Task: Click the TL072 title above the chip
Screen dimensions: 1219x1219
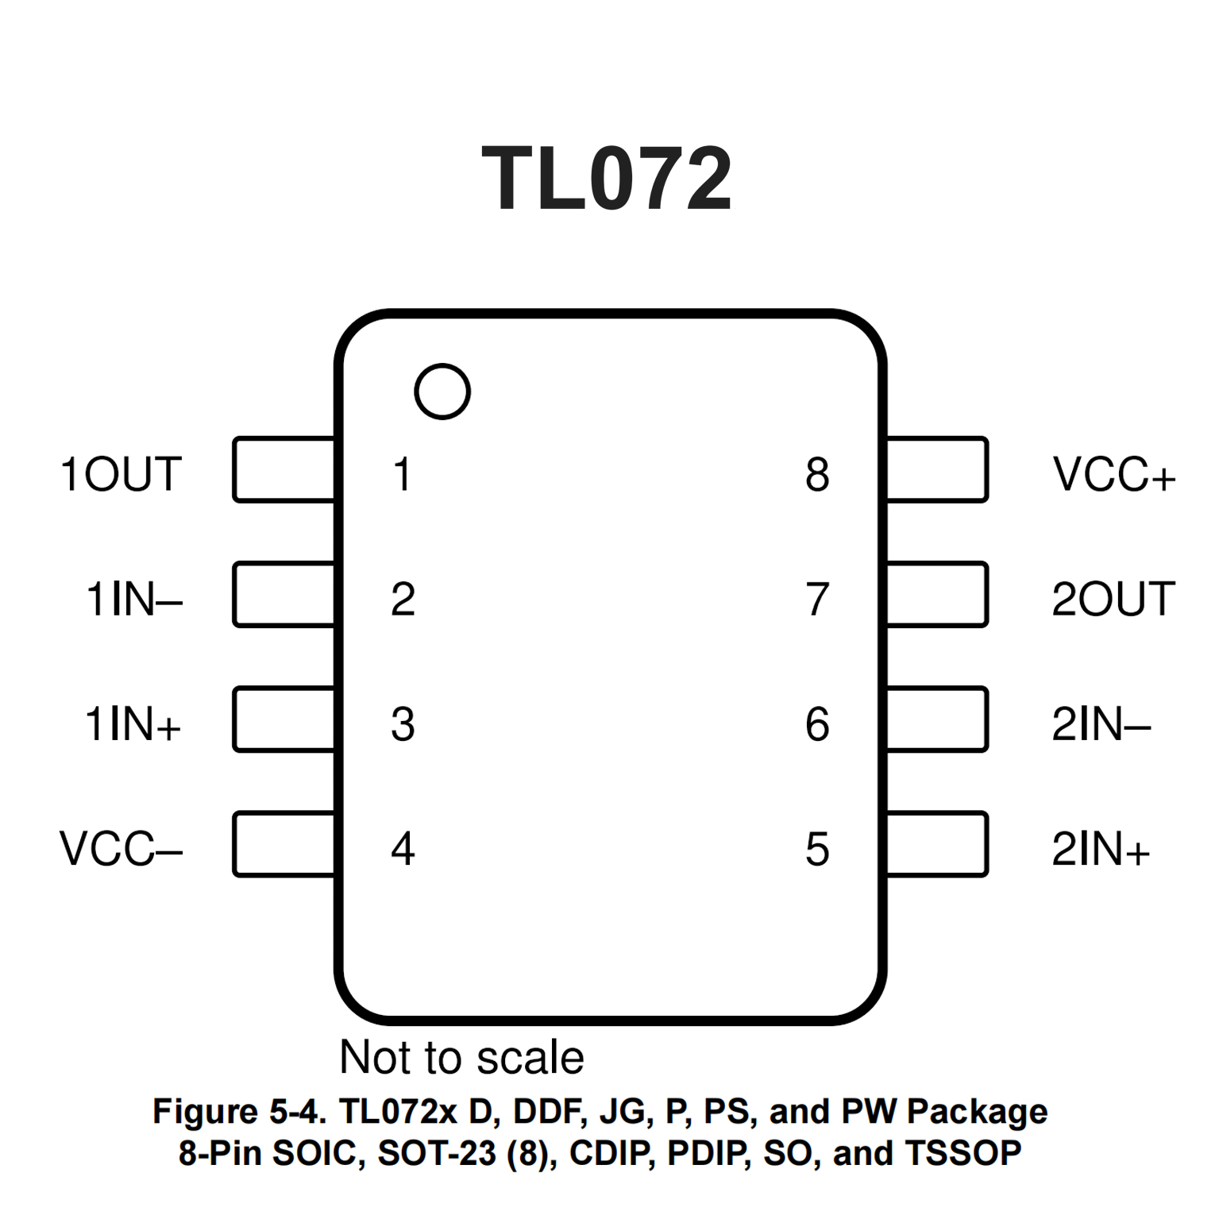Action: point(607,179)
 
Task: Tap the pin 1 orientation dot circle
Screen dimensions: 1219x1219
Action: point(442,392)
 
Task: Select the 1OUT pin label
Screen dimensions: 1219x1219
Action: point(122,474)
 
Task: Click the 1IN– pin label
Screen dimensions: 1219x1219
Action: point(134,599)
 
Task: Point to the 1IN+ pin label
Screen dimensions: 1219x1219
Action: point(133,724)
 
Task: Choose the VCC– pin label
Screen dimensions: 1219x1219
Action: point(122,849)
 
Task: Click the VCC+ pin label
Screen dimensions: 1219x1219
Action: point(1113,474)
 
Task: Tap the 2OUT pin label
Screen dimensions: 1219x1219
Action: point(1113,599)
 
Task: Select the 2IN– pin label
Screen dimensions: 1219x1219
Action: point(1101,724)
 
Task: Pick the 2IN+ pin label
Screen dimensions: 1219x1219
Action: point(1101,849)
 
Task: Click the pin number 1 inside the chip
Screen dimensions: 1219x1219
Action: point(403,474)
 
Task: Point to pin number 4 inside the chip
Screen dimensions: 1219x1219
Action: point(403,849)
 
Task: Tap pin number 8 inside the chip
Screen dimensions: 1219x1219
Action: point(817,474)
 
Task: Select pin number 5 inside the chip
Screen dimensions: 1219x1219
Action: point(817,849)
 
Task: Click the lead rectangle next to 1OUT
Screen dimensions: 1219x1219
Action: point(284,469)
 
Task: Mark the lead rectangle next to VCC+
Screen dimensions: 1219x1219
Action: point(937,469)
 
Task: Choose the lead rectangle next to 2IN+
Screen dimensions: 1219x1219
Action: point(937,844)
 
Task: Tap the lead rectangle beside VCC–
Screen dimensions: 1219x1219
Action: point(284,844)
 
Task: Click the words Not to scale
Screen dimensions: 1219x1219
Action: point(461,1057)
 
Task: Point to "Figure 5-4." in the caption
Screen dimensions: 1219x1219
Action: point(239,1112)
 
